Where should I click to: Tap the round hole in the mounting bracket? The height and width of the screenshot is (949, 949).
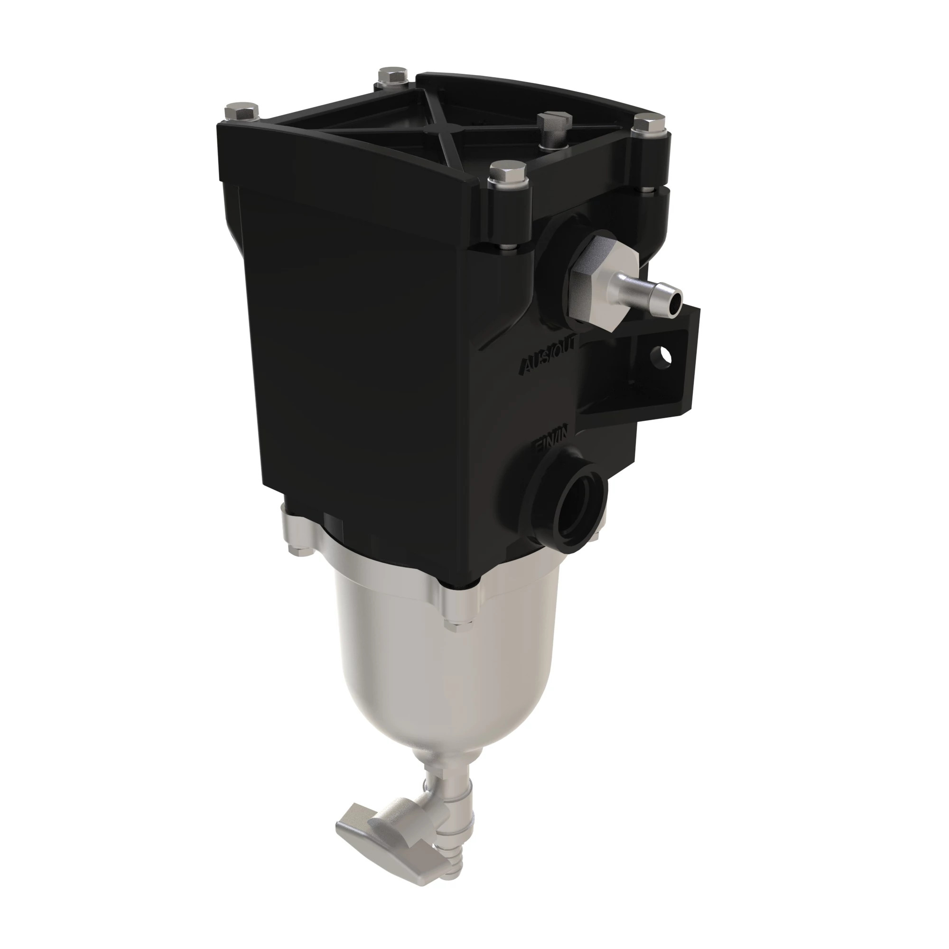tap(661, 355)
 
